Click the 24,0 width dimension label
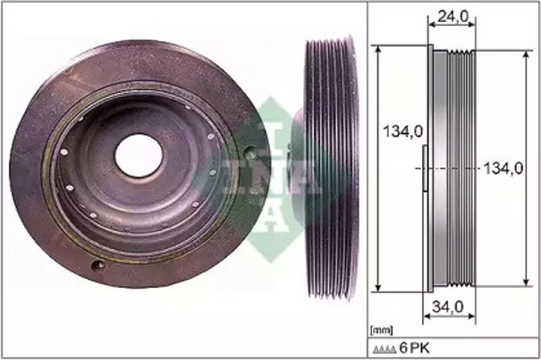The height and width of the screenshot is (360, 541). pos(453,17)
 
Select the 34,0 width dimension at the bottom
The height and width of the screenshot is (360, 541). pos(448,307)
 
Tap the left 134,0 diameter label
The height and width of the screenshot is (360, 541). pos(403,132)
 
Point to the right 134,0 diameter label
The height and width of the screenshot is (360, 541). pos(504,169)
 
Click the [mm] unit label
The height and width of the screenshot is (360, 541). pos(381,330)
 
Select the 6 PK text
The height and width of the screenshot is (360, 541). pos(414,348)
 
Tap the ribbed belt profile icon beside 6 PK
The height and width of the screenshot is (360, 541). pos(384,350)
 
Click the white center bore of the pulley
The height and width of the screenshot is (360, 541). pos(139,155)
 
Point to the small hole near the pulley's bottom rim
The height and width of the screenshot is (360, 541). pos(98,265)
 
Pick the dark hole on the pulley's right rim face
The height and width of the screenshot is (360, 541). pos(250,152)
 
